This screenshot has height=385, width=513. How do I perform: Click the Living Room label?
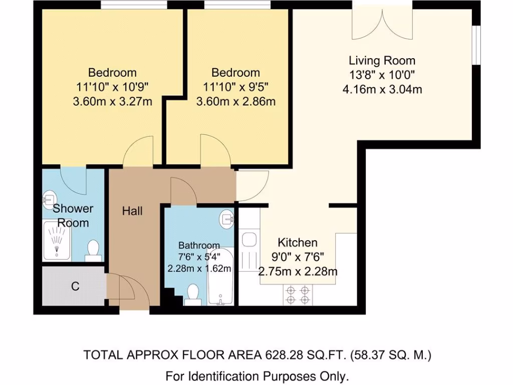pyautogui.click(x=382, y=61)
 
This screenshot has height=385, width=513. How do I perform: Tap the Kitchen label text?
pyautogui.click(x=298, y=243)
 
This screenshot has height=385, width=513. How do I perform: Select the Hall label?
pyautogui.click(x=132, y=211)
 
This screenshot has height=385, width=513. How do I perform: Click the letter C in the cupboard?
pyautogui.click(x=75, y=287)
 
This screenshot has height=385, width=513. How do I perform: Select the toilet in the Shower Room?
pyautogui.click(x=93, y=251)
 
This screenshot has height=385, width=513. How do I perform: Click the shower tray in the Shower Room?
pyautogui.click(x=57, y=241)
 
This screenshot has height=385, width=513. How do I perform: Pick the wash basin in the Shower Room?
pyautogui.click(x=49, y=198)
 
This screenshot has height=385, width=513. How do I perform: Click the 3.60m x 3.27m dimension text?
pyautogui.click(x=112, y=102)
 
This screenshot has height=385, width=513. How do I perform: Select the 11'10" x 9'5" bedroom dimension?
pyautogui.click(x=235, y=87)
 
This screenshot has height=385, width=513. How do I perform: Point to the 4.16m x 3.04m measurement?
pyautogui.click(x=382, y=90)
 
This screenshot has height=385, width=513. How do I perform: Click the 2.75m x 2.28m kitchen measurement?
pyautogui.click(x=298, y=272)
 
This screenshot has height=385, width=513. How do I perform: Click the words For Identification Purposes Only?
pyautogui.click(x=257, y=376)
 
